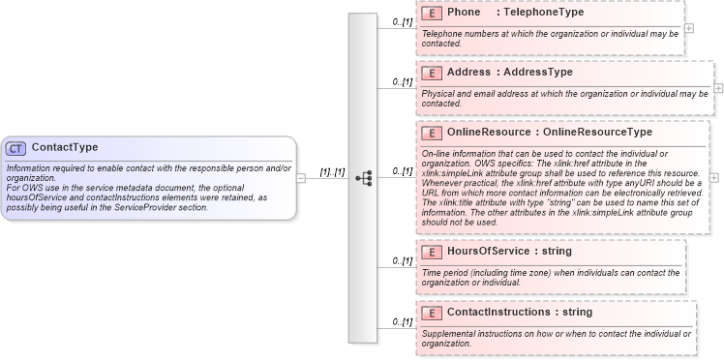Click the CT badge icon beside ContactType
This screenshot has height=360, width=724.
tap(15, 148)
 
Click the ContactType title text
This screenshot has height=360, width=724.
tap(65, 148)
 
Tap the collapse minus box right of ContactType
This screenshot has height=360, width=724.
tap(301, 178)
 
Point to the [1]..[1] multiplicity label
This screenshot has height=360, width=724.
tap(332, 171)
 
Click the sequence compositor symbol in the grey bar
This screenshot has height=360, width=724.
tap(363, 178)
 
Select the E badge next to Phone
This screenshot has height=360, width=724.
tap(432, 14)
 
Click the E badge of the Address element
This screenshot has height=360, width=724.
tap(432, 73)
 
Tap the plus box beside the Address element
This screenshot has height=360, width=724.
tap(718, 87)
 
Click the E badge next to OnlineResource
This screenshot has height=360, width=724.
tap(432, 132)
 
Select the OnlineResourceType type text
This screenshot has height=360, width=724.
tap(597, 132)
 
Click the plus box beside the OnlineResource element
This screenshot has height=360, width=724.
tap(714, 178)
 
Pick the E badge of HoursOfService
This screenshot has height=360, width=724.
tap(432, 252)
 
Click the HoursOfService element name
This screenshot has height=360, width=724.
tap(488, 252)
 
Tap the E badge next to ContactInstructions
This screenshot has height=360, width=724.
tap(432, 313)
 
